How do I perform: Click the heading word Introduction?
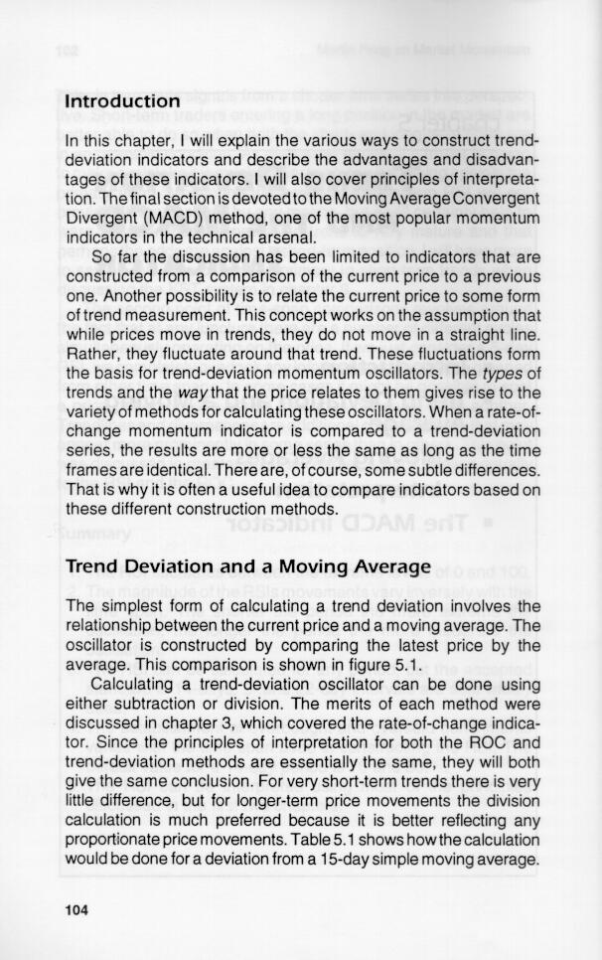coord(122,101)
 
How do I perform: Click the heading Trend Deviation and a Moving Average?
coord(247,567)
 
